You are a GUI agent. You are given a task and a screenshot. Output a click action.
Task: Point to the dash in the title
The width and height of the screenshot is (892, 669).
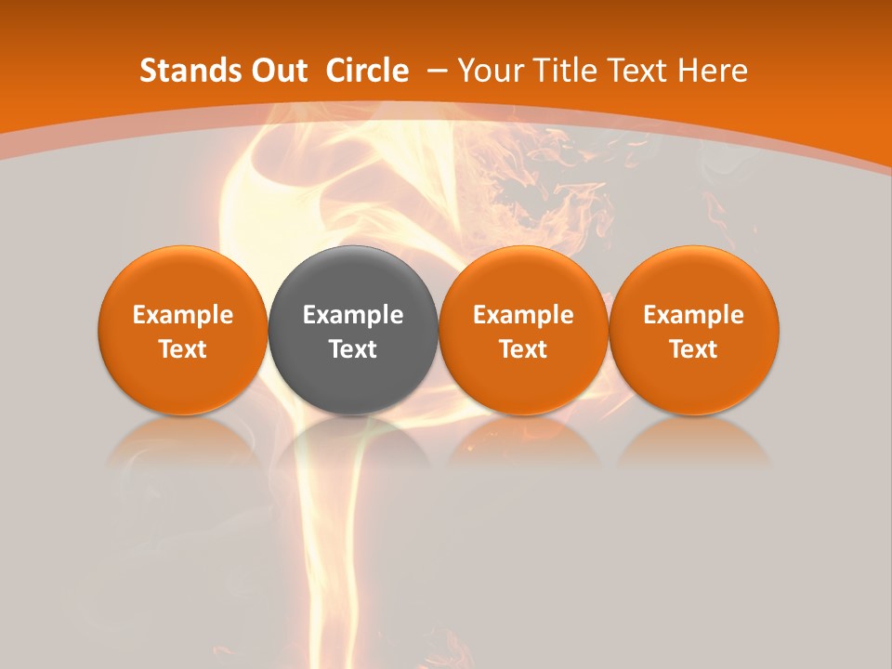click(438, 71)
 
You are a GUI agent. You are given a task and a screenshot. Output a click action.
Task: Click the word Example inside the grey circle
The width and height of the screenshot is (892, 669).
click(353, 315)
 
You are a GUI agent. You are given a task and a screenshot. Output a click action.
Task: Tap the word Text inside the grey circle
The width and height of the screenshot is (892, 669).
click(353, 349)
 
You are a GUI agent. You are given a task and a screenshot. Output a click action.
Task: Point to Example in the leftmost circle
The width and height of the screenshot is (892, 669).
click(183, 315)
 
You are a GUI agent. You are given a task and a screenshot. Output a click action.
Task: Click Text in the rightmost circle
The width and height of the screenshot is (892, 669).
click(694, 349)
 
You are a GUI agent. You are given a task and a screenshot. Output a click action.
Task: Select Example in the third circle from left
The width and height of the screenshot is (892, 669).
click(523, 315)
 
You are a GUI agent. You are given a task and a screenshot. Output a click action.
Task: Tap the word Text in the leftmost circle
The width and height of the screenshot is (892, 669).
click(183, 349)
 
